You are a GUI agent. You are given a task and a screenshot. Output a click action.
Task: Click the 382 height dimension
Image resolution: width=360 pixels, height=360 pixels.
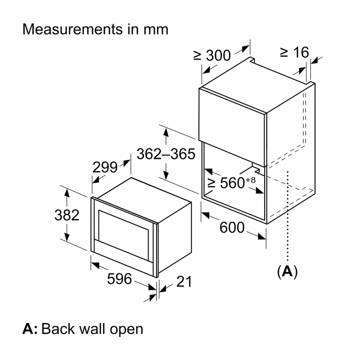[67, 215]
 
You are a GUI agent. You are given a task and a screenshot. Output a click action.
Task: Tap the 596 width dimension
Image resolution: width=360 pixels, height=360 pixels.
[119, 279]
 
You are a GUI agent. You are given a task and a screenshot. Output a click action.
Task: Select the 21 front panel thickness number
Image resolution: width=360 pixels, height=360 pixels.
[184, 282]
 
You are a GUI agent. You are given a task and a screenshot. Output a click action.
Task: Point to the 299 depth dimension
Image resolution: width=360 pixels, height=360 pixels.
[105, 167]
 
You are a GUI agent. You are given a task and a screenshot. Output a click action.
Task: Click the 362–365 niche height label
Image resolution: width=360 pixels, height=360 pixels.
[166, 154]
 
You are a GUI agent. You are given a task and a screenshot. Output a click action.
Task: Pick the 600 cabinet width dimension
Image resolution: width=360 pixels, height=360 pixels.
[232, 228]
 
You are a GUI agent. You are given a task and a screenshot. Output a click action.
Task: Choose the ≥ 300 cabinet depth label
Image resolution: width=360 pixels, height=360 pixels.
[212, 55]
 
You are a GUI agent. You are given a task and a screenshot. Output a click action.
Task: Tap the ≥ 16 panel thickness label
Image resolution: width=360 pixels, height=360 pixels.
[295, 52]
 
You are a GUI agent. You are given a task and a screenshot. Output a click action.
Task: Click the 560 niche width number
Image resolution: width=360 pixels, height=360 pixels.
[232, 183]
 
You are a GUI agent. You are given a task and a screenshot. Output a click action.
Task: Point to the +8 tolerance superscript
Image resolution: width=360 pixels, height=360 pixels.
[251, 180]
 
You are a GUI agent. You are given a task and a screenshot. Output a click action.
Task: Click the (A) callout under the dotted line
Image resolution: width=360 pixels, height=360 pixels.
[287, 272]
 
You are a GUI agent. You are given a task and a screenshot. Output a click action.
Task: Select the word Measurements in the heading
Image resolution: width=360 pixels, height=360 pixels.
[72, 29]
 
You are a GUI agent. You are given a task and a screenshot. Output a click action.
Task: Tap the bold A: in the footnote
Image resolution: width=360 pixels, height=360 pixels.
[30, 329]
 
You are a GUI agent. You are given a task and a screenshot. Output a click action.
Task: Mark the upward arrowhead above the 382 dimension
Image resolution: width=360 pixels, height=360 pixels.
[67, 193]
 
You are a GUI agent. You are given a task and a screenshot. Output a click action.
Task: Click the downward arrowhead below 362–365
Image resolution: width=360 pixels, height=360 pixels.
[166, 175]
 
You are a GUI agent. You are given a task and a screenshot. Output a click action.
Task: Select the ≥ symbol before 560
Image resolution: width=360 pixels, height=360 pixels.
[211, 183]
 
